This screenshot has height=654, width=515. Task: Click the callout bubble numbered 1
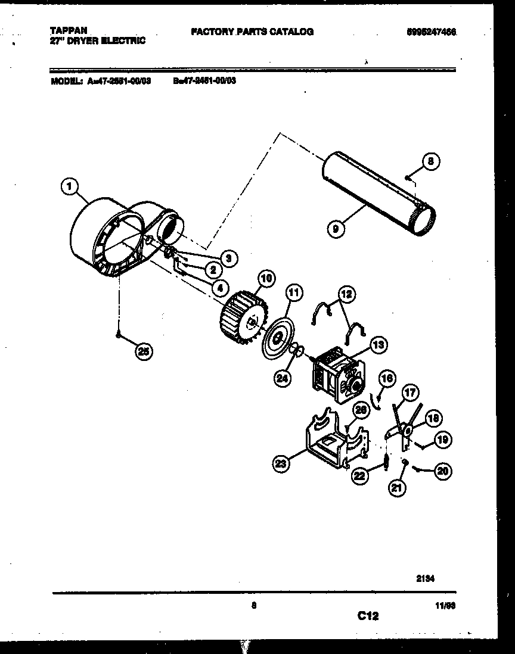click(69, 188)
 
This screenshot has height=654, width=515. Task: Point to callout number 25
click(143, 351)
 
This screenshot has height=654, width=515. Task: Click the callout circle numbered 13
click(378, 344)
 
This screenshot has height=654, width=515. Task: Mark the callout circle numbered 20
click(443, 472)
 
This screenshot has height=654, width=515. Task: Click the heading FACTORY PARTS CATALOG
click(252, 32)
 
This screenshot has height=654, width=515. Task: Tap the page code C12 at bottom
click(368, 616)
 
